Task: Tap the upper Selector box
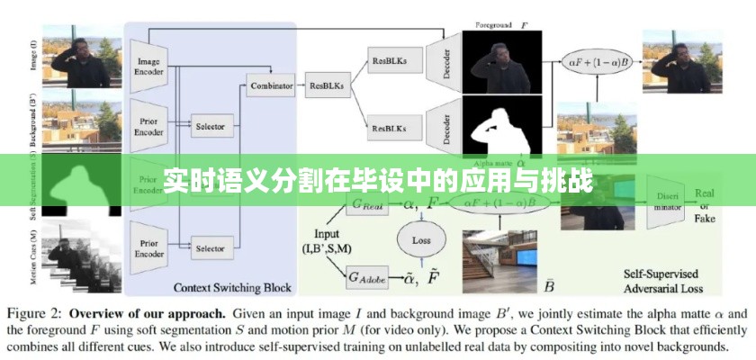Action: point(210,126)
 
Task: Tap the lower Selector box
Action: point(210,247)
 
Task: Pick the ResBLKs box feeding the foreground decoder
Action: point(389,60)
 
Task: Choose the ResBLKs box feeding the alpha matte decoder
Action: point(389,128)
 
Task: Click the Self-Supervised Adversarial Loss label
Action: point(666,281)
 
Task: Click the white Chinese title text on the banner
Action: point(378,181)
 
